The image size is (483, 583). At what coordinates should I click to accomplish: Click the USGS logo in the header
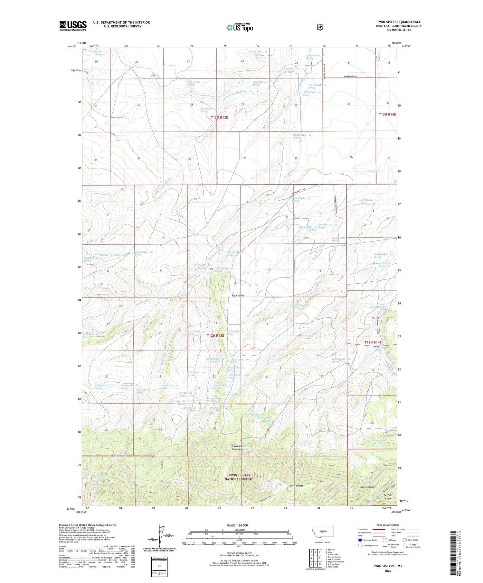[x=73, y=26]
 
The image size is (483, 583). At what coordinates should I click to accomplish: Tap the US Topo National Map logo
[x=240, y=27]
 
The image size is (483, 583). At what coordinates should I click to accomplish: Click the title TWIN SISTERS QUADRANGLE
[x=399, y=22]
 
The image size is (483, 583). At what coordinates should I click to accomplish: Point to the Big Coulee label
[x=238, y=295]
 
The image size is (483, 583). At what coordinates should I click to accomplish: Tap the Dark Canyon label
[x=367, y=487]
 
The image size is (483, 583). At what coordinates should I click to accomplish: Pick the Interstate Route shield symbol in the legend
[x=360, y=540]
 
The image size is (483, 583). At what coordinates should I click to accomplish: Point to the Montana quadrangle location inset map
[x=322, y=533]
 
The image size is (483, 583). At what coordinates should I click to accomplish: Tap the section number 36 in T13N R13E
[x=351, y=157]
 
